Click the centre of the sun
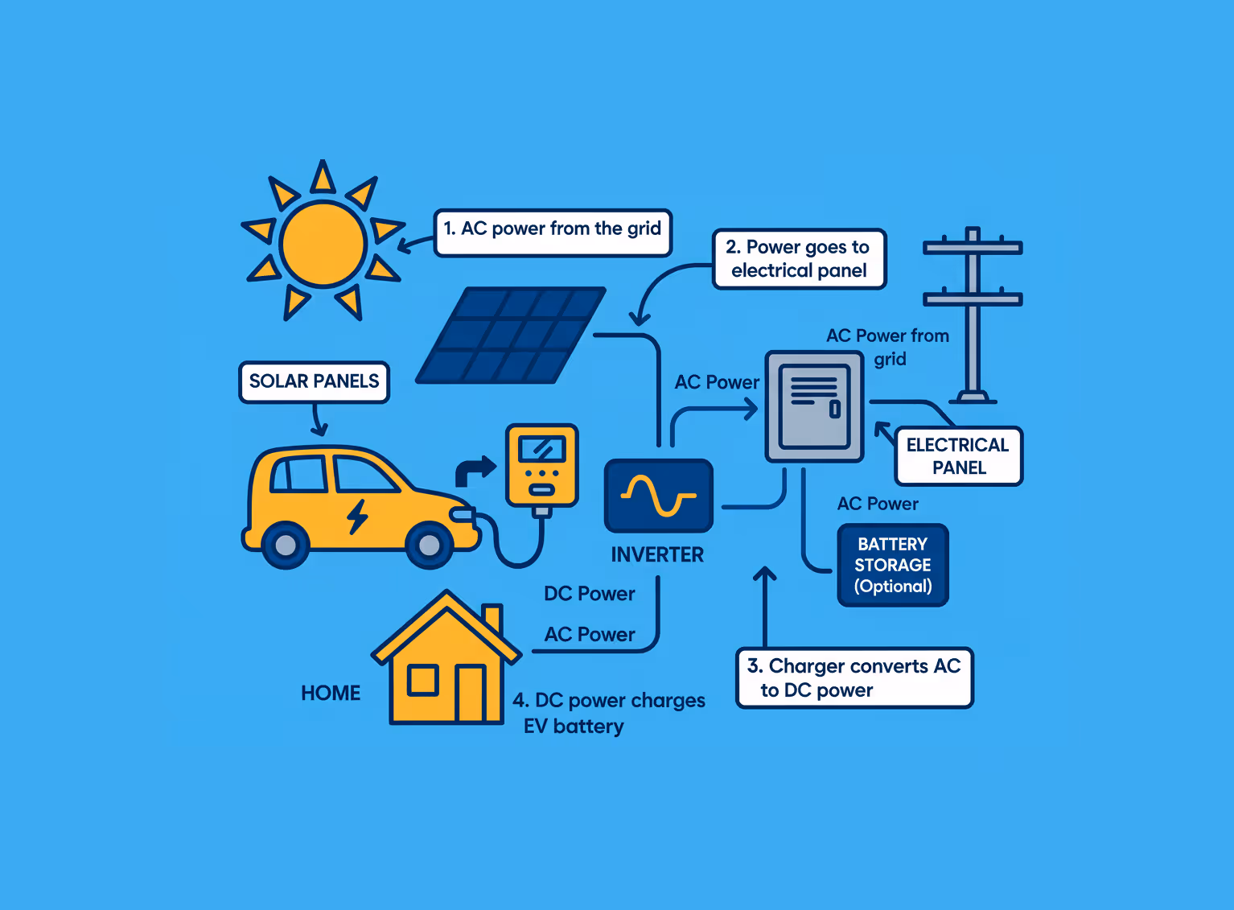click(323, 243)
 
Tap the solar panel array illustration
click(511, 335)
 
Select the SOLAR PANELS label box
click(314, 381)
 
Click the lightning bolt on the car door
click(357, 517)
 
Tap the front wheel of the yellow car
click(430, 546)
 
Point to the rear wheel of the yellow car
click(286, 546)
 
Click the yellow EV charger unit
click(541, 466)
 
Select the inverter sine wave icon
click(658, 496)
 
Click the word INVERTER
click(657, 554)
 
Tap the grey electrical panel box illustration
click(814, 406)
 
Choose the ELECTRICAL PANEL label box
click(958, 456)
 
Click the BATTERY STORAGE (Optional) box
click(893, 565)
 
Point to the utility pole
click(973, 314)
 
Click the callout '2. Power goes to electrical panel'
click(799, 259)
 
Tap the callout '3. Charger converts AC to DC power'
click(854, 678)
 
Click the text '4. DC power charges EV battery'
click(609, 713)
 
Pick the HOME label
click(331, 693)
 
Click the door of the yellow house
click(470, 693)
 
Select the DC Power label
click(590, 594)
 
